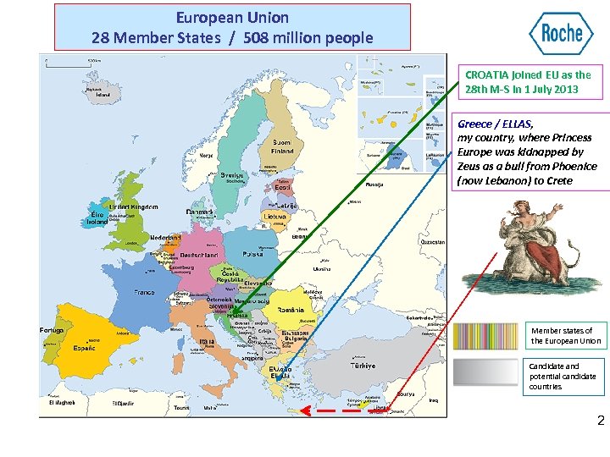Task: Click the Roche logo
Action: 561,34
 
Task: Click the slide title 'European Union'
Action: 232,17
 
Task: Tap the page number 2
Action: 601,420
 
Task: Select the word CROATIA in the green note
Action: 486,74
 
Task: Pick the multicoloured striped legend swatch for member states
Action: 489,336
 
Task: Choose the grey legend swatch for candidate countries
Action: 489,372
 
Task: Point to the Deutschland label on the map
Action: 199,255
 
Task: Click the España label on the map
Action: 84,348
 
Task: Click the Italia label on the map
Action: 206,342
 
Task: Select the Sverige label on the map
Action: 232,175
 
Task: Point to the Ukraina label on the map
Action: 322,268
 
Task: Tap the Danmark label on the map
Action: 200,211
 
